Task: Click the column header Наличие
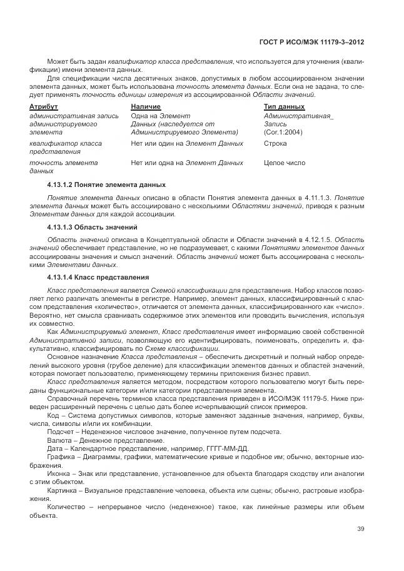point(146,107)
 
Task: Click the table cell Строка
point(276,143)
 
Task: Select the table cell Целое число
point(285,163)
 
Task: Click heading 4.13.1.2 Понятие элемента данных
point(106,184)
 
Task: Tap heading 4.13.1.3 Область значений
point(92,226)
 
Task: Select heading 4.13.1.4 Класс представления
point(98,276)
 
